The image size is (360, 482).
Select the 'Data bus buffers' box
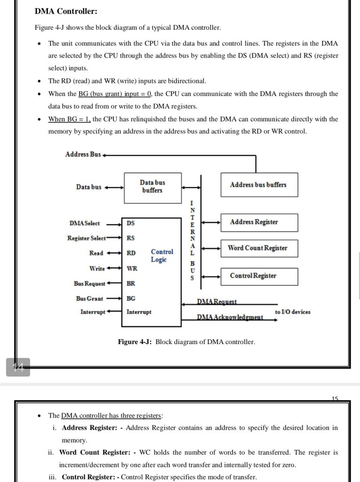[152, 186]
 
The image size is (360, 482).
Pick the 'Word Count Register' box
[258, 248]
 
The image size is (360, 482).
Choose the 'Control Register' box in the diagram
[258, 276]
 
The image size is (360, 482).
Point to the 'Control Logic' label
[162, 256]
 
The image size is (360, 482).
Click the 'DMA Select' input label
[84, 223]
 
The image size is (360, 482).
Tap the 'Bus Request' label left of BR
[89, 283]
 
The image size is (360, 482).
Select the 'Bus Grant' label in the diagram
[89, 298]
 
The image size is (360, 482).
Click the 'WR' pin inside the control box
[132, 268]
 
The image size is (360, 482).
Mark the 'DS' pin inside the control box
[130, 223]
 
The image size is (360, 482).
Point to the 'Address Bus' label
[83, 154]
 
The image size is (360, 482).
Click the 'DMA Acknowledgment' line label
[230, 318]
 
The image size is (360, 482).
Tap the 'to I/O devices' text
[293, 312]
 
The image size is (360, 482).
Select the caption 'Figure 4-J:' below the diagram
[135, 342]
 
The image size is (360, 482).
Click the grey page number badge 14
[18, 367]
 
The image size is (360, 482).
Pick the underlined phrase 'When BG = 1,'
[70, 119]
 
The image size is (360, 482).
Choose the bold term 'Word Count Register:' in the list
[95, 452]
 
